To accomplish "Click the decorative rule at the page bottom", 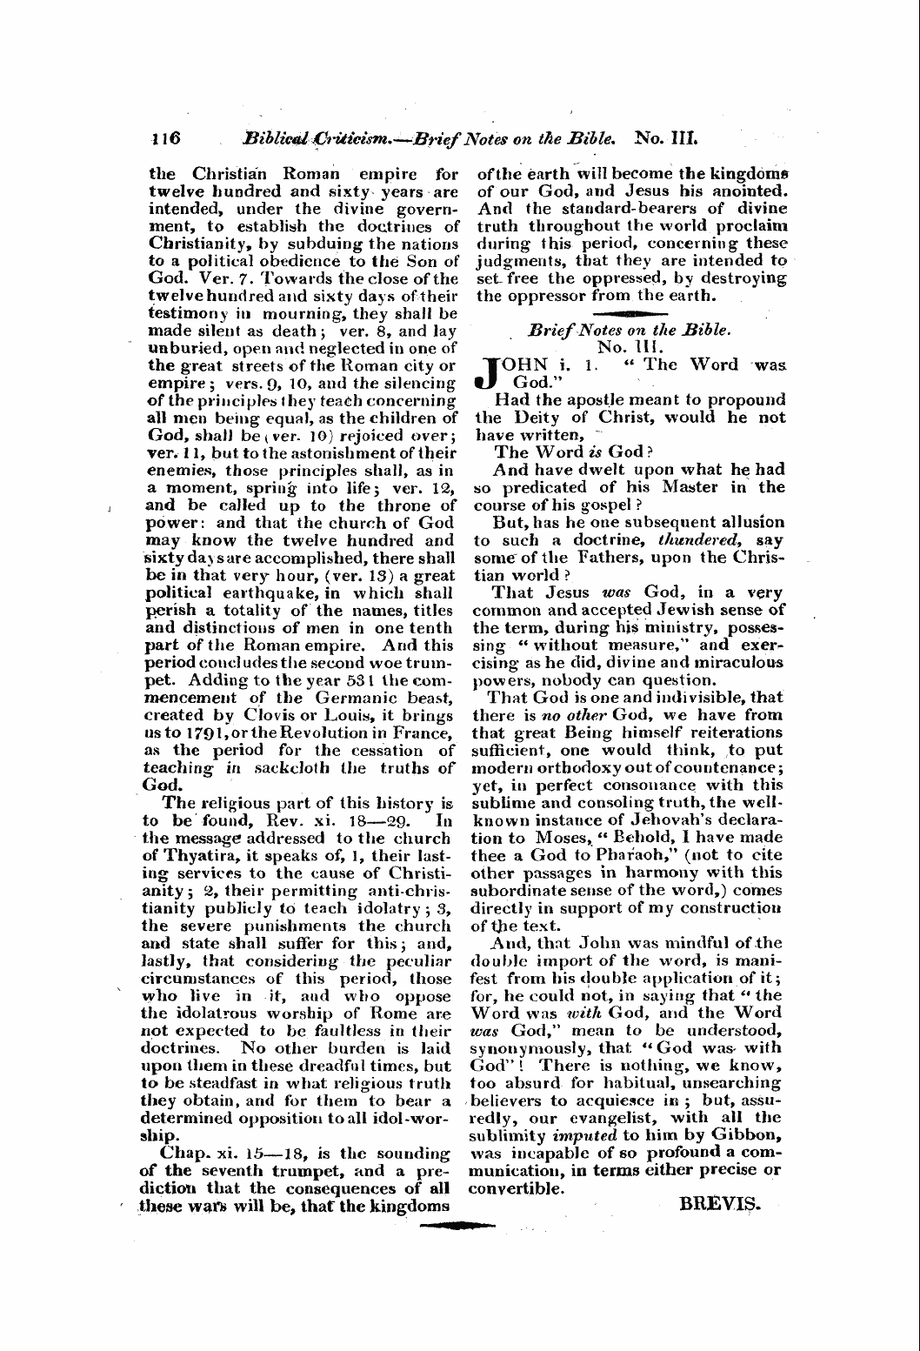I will coord(457,1226).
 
